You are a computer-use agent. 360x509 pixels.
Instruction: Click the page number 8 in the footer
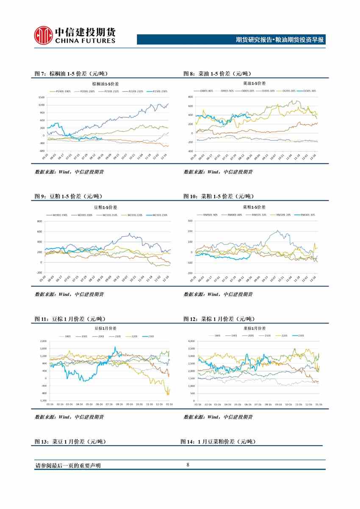point(188,465)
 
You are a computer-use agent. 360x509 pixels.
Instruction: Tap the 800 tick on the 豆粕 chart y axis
point(41,221)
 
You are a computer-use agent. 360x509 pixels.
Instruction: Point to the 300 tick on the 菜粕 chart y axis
point(190,221)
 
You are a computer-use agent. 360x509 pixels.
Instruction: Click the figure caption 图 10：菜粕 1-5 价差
point(219,196)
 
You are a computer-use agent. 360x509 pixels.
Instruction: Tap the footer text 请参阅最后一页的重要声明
point(68,465)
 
